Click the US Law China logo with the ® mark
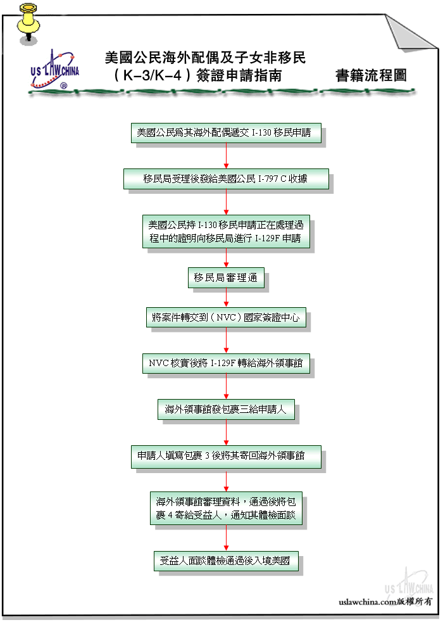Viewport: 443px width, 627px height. coord(54,70)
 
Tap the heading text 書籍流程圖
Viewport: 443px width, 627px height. coord(371,75)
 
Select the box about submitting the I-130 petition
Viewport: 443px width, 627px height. coord(226,133)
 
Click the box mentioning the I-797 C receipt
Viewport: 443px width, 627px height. coord(226,179)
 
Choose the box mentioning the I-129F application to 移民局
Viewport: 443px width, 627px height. coord(226,232)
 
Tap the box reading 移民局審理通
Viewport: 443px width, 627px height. coord(226,277)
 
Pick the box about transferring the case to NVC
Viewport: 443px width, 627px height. coord(226,317)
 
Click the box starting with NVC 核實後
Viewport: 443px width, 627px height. coord(226,364)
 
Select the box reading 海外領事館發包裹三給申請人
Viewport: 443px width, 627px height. coord(226,410)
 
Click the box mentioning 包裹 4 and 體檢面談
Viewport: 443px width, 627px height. coord(226,508)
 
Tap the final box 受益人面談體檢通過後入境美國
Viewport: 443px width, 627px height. coord(226,561)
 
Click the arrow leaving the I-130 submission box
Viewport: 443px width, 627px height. coord(226,156)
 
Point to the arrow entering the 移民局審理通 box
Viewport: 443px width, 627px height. coord(226,258)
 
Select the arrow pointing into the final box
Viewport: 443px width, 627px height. coord(226,538)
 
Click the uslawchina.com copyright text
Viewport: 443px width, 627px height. coord(385,602)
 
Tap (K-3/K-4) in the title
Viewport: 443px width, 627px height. coord(152,75)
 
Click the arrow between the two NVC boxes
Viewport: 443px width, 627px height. coord(226,341)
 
